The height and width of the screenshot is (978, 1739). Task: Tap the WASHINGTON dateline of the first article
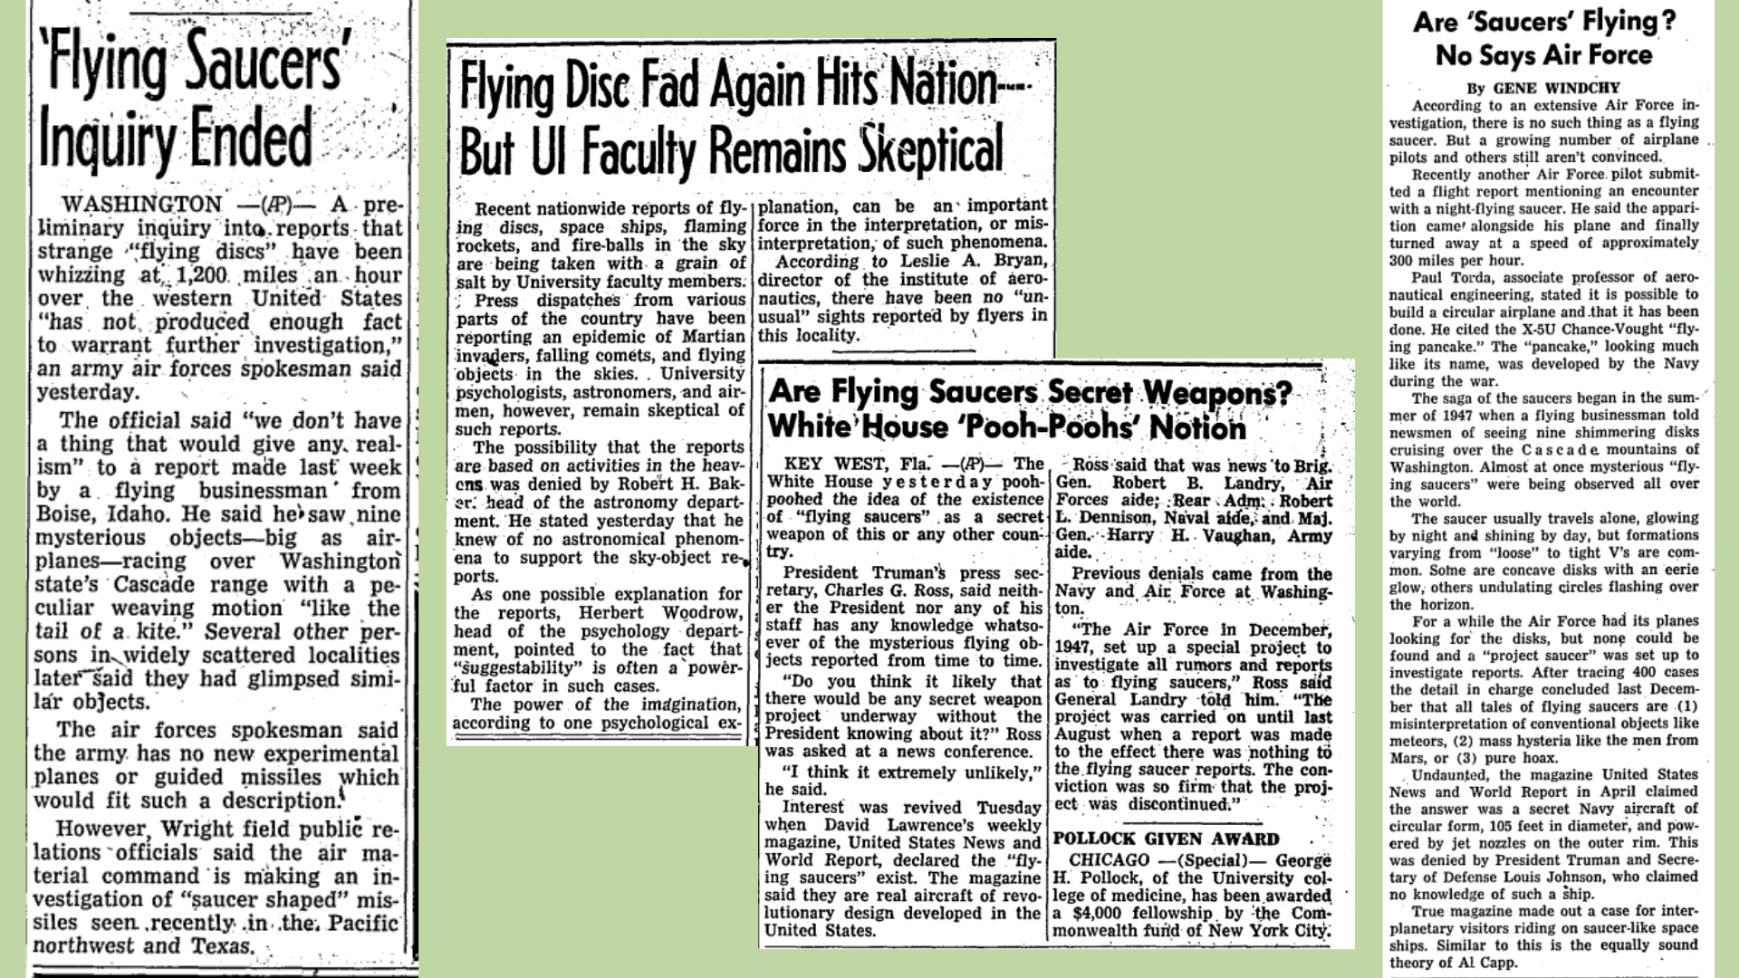(140, 205)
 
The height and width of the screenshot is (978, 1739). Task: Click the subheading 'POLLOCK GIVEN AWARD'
(1166, 839)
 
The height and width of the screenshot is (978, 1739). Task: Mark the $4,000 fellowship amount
(1100, 914)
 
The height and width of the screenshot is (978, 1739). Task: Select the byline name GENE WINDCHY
(1552, 88)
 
